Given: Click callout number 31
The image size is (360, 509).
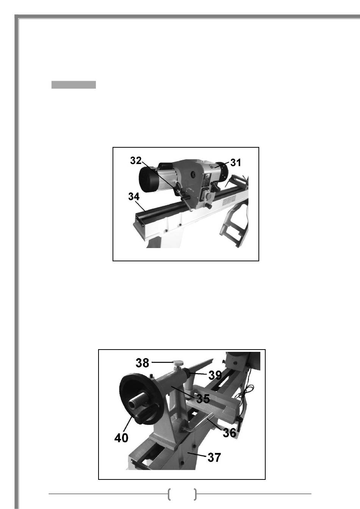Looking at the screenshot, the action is (235, 162).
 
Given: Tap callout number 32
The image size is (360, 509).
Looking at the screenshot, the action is (136, 161).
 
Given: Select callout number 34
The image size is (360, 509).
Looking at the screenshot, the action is (134, 197).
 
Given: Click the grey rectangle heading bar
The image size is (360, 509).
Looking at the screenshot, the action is (74, 84).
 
